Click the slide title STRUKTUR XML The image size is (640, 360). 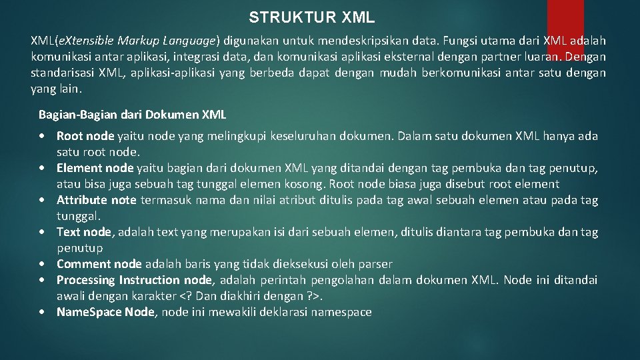tap(312, 17)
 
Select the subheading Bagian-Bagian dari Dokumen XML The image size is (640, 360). tap(133, 115)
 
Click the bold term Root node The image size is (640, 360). tap(85, 136)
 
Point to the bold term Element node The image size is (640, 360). tap(95, 168)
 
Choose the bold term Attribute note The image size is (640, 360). tap(96, 200)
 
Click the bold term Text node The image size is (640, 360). tap(84, 232)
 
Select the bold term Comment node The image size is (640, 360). tap(99, 264)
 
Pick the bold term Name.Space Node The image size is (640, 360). tap(105, 312)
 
